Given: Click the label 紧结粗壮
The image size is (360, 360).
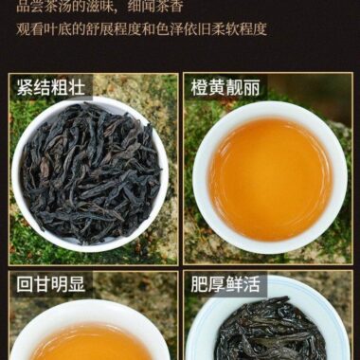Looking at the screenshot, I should (x=50, y=89).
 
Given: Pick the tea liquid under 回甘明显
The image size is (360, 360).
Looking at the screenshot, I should (x=90, y=343).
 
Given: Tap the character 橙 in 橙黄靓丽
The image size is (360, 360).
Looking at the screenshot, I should (x=201, y=89).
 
